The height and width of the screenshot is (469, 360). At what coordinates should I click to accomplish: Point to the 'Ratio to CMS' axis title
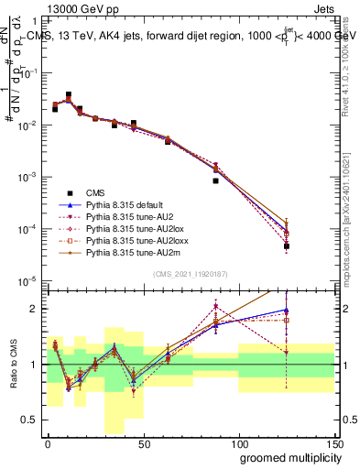click(12, 365)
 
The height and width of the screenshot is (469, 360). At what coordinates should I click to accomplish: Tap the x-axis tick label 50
click(143, 442)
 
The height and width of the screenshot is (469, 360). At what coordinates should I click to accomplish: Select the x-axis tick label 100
click(238, 442)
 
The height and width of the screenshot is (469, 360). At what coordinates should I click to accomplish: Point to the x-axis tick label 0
click(48, 442)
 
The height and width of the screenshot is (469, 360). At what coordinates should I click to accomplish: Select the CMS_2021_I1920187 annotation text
click(191, 274)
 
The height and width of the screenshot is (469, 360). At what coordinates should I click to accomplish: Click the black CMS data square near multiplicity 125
click(287, 246)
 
